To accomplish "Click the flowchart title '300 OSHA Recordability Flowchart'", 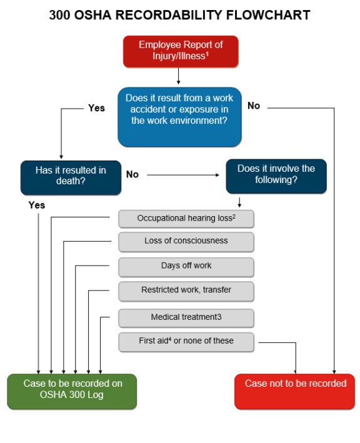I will pos(179,15).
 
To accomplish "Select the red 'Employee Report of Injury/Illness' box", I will pos(180,51).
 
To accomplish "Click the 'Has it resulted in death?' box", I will pos(70,177).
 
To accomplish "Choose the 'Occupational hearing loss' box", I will pos(186,219).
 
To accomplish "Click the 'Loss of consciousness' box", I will pos(186,241).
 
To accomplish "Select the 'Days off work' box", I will pos(186,266).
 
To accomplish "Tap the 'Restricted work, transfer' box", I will pos(186,291).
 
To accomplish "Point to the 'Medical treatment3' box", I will pos(186,317).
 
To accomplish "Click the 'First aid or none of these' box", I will pos(186,342).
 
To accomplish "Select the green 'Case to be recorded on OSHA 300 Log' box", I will pos(72,391).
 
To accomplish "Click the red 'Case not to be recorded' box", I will pos(294,391).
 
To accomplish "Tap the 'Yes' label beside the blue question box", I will pos(96,108).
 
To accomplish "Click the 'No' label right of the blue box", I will pos(254,106).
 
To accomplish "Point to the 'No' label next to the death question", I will pos(132,175).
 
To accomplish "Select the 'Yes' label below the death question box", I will pos(37,205).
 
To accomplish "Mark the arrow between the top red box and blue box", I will pos(179,76).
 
